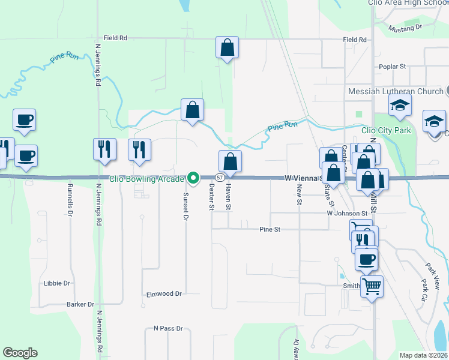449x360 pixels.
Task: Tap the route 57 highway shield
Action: (x=220, y=178)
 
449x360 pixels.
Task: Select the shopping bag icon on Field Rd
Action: (x=228, y=47)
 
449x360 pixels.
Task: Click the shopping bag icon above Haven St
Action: (x=230, y=161)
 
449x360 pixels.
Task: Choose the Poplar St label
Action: (x=393, y=67)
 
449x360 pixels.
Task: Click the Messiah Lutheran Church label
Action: (x=396, y=92)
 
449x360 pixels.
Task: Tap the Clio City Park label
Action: (x=386, y=130)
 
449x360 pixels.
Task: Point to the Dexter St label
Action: (x=211, y=197)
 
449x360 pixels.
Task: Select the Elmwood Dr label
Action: (x=164, y=294)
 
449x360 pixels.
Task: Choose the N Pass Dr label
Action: (x=168, y=329)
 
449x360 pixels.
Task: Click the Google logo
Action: (x=20, y=353)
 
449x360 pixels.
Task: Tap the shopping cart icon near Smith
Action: (x=372, y=287)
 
